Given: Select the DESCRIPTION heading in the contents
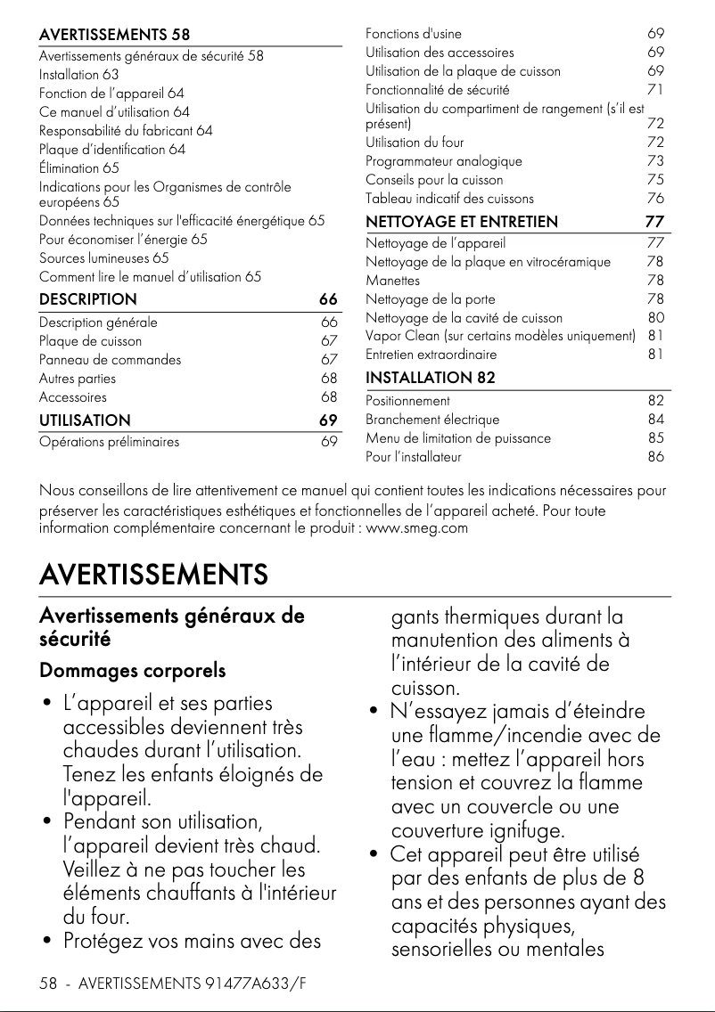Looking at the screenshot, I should [88, 299].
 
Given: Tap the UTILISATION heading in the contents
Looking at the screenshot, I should [85, 420].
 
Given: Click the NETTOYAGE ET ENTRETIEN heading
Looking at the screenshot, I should [462, 222].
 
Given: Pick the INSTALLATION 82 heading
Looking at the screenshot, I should [431, 378].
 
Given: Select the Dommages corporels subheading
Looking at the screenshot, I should [132, 670].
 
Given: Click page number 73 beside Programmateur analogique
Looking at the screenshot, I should [655, 161].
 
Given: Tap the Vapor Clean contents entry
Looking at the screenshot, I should [500, 336].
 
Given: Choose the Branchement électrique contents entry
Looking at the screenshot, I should [432, 420].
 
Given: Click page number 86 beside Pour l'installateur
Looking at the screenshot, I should [655, 458].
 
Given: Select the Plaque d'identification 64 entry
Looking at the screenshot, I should [112, 150].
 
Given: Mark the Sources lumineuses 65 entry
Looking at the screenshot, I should [104, 258].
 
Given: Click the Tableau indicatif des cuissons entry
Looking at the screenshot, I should [450, 199].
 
